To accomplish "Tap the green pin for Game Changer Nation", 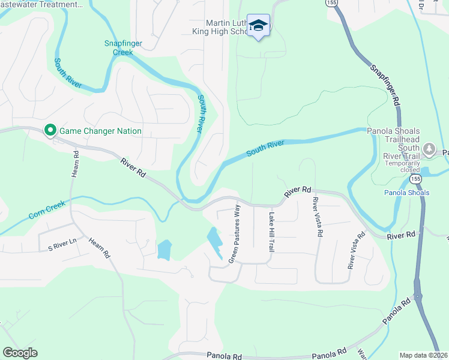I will (x=50, y=130).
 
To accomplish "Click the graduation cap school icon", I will (x=259, y=25).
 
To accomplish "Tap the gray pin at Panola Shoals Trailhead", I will (x=429, y=148).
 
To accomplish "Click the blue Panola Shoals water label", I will (x=406, y=193).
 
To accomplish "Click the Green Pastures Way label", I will (x=234, y=234).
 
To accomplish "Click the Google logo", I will (x=20, y=353).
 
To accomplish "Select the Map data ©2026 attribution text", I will (x=424, y=355).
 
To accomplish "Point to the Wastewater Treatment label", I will (x=42, y=4).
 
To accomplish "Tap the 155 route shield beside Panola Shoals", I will (x=415, y=179).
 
